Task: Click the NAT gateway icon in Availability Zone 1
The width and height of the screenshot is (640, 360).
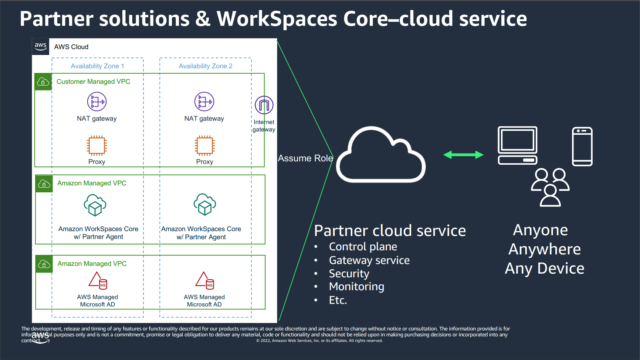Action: point(97,101)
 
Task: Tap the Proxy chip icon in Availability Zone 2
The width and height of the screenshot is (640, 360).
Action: point(204,144)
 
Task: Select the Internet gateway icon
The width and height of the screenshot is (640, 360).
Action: point(266,107)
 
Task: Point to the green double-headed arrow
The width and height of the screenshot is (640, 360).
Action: point(444,155)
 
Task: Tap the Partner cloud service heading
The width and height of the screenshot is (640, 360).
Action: point(389,228)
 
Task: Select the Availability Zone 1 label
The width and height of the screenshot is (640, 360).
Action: point(97,66)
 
